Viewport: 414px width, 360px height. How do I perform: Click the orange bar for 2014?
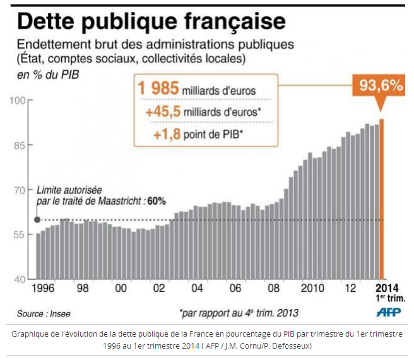point(381,199)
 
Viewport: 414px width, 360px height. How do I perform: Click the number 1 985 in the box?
point(159,90)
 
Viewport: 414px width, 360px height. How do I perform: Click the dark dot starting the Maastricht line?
point(37,219)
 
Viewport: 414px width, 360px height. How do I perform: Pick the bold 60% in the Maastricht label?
point(156,201)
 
